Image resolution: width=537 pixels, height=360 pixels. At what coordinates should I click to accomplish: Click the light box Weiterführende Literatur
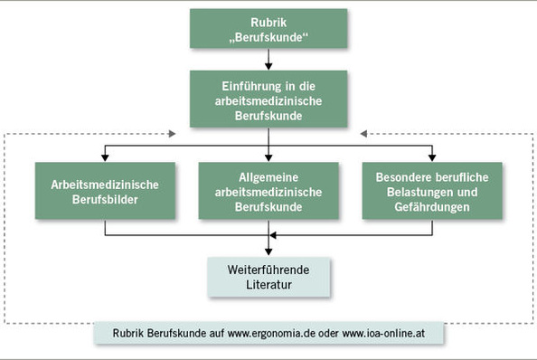click(268, 278)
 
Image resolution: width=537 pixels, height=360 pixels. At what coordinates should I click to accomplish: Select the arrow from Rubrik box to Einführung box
click(268, 61)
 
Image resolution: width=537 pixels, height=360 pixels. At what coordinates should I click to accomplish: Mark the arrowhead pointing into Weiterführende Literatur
click(268, 252)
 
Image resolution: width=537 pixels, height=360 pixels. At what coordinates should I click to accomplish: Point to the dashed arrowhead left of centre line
click(169, 136)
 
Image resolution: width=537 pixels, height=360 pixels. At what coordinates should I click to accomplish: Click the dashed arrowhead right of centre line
click(367, 136)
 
